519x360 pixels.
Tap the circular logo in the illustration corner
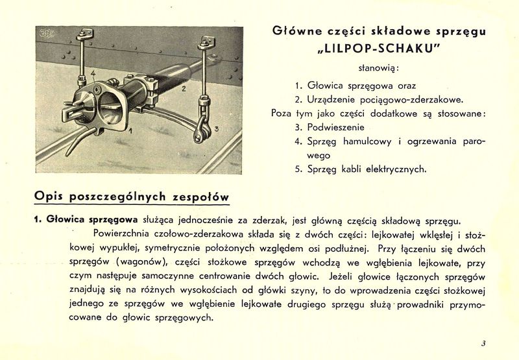[x=48, y=36]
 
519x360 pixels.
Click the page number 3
[x=483, y=344]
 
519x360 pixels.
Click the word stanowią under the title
[x=379, y=67]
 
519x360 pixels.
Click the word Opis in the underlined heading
[x=49, y=195]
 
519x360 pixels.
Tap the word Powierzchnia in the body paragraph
[x=123, y=234]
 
